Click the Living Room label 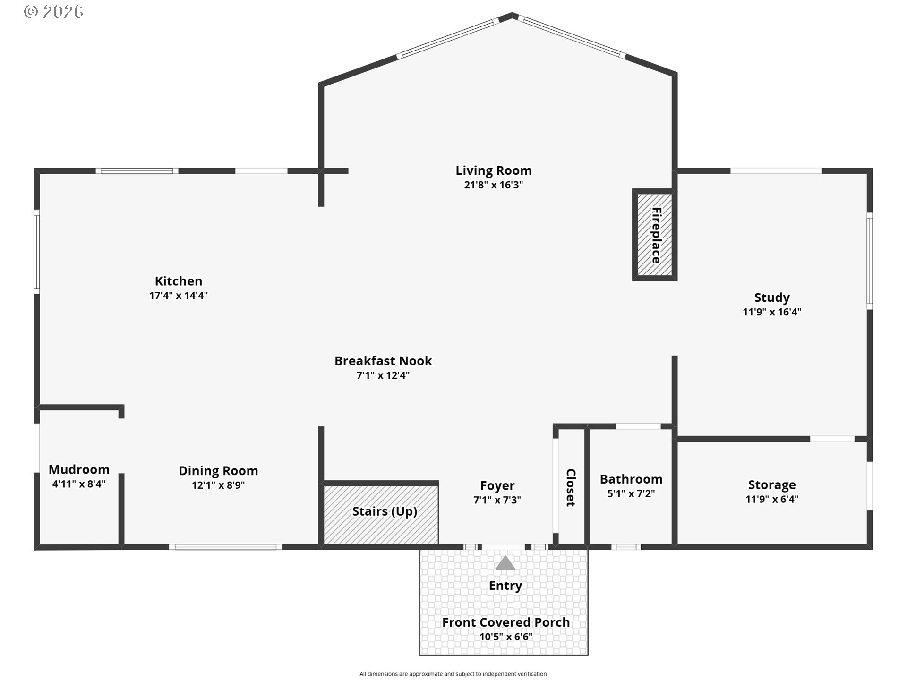[x=493, y=170]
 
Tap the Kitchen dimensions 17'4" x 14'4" [x=179, y=296]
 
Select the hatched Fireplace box [x=654, y=235]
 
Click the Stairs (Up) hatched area [x=381, y=514]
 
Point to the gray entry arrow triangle [x=505, y=563]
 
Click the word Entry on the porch [x=505, y=586]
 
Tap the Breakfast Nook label [x=383, y=361]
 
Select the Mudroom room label [x=79, y=469]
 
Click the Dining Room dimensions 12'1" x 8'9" [x=218, y=485]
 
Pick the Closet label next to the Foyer [x=571, y=487]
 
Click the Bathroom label [x=631, y=479]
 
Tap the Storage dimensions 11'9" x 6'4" [x=771, y=499]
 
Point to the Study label [x=771, y=297]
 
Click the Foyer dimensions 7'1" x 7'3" [x=497, y=500]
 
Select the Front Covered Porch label [x=505, y=622]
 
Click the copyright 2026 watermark [x=53, y=12]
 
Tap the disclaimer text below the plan [x=453, y=674]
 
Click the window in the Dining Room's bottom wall [x=225, y=547]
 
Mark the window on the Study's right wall [x=869, y=261]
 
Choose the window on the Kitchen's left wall [x=37, y=252]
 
